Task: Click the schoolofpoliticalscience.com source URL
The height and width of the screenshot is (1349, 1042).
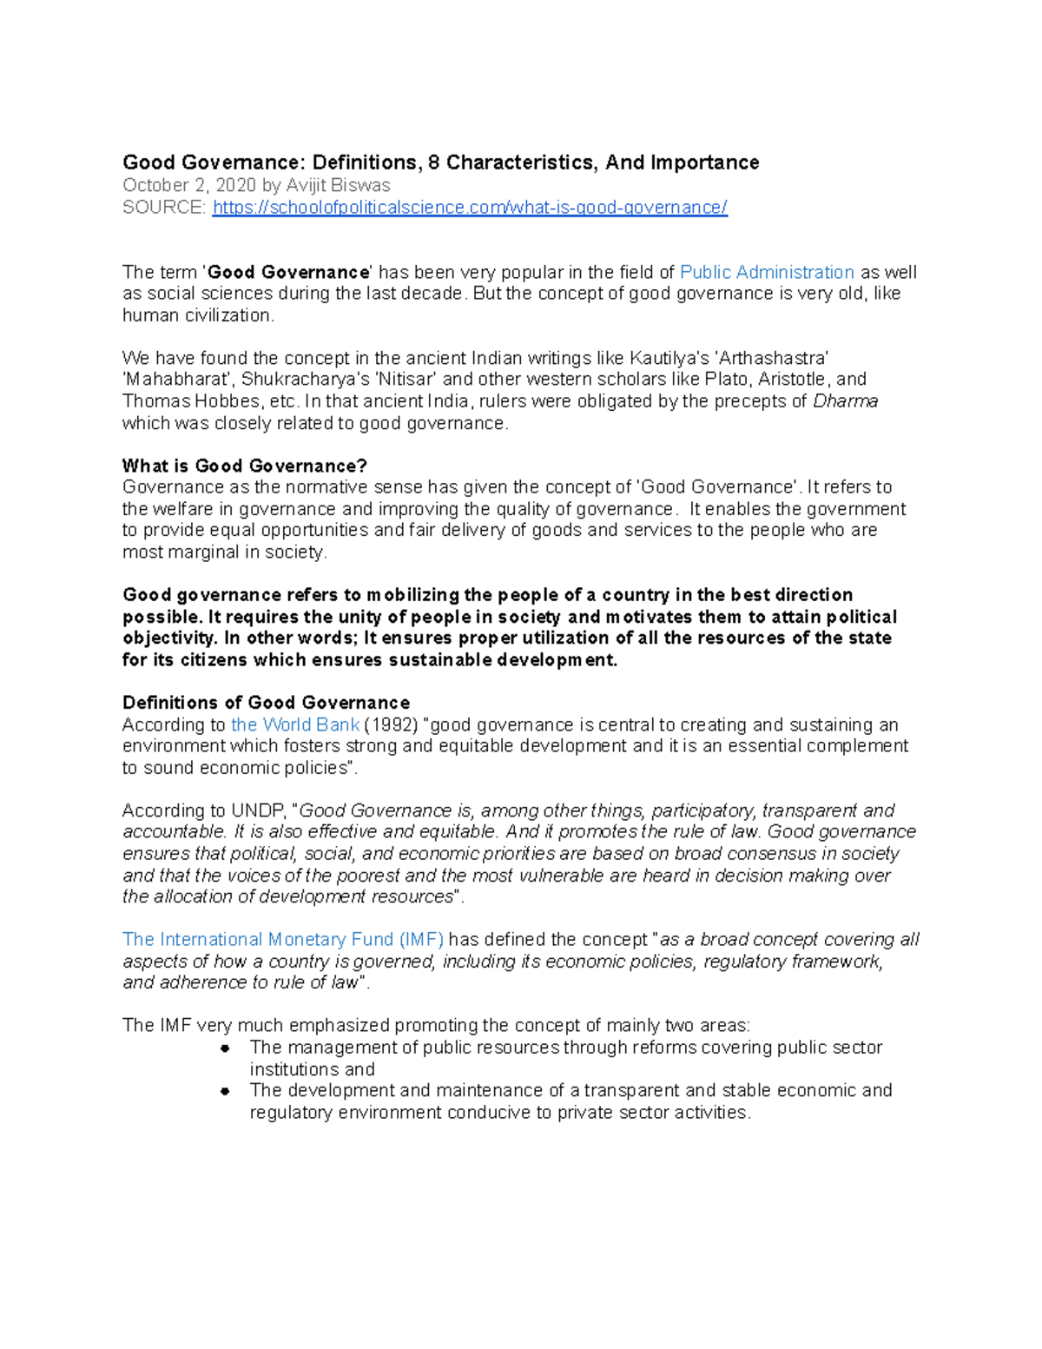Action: pyautogui.click(x=470, y=208)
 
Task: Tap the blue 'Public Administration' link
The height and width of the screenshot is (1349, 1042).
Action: pyautogui.click(x=767, y=273)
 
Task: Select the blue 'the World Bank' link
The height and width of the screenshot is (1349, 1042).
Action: pyautogui.click(x=295, y=724)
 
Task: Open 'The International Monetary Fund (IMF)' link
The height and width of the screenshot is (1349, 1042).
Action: pyautogui.click(x=283, y=940)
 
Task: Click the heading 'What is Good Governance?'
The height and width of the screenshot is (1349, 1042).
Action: pyautogui.click(x=245, y=466)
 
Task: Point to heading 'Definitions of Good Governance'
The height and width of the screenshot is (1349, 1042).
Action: pyautogui.click(x=266, y=703)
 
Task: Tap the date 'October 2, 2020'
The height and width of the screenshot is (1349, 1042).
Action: pyautogui.click(x=189, y=186)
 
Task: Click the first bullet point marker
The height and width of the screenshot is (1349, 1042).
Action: pyautogui.click(x=225, y=1048)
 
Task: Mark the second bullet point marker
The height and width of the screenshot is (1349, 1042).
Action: pyautogui.click(x=225, y=1091)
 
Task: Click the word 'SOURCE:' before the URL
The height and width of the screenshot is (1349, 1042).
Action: pyautogui.click(x=164, y=208)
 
